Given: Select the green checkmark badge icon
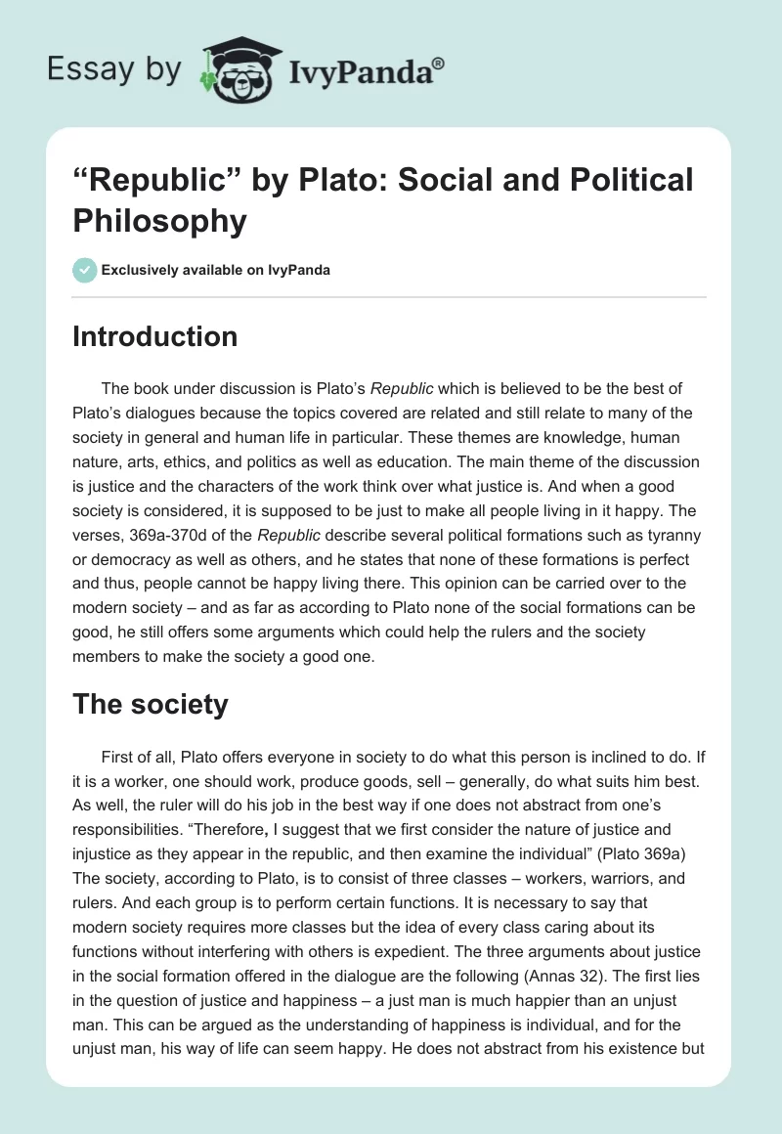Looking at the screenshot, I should coord(84,270).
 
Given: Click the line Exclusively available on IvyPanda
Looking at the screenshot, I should coord(215,270).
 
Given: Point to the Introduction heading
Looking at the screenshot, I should coord(155,336).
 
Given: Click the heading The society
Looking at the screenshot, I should coord(151,704).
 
